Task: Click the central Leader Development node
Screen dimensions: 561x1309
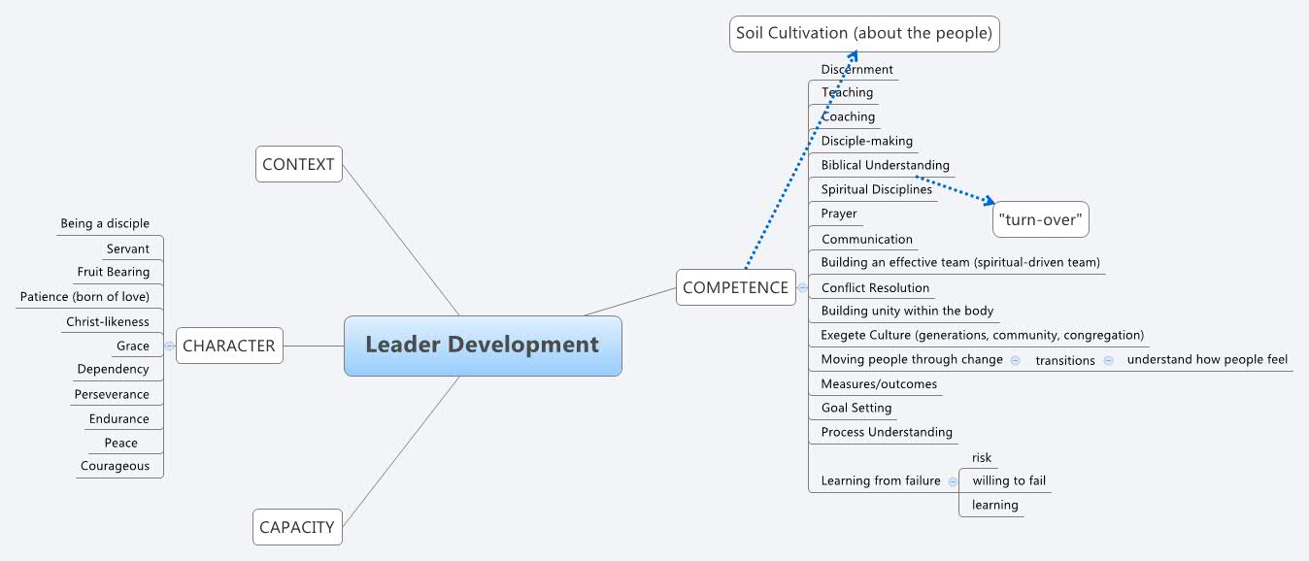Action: click(x=483, y=346)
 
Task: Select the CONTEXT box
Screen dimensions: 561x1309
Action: click(x=299, y=164)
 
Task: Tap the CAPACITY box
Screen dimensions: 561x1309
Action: click(x=297, y=528)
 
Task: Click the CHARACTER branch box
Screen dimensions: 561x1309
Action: click(x=229, y=346)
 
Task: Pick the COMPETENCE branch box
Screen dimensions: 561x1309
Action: click(x=735, y=287)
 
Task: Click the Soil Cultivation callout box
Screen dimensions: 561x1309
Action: click(x=864, y=33)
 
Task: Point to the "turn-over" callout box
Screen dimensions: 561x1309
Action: click(x=1039, y=219)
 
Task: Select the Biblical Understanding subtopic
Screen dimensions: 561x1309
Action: click(x=885, y=165)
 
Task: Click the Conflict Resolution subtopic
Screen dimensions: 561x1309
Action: click(x=875, y=287)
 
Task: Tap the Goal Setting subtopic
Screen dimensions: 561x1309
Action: click(x=856, y=408)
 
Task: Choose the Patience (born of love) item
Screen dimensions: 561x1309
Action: click(x=84, y=296)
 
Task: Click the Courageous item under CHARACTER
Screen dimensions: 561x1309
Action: click(x=115, y=466)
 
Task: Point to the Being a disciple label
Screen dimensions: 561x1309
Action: click(x=105, y=223)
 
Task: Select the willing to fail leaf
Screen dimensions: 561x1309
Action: click(x=1009, y=480)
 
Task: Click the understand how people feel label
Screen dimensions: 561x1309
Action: click(x=1207, y=359)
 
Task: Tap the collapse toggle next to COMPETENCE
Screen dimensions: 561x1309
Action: click(x=802, y=287)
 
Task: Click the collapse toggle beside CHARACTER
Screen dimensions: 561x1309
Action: click(x=170, y=346)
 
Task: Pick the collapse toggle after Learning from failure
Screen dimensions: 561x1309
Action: click(x=953, y=481)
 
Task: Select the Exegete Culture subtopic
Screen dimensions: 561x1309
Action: click(x=982, y=335)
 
